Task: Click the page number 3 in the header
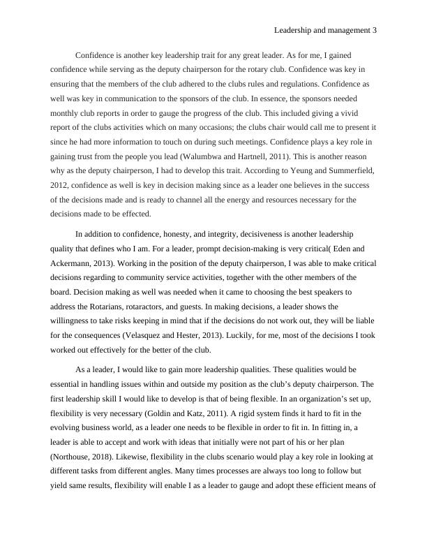click(x=375, y=30)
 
